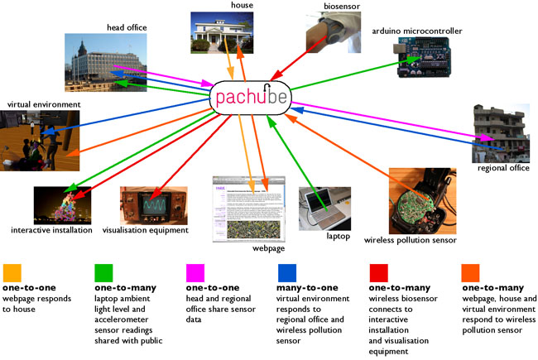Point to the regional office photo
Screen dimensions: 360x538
tap(500, 132)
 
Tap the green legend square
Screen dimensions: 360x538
tap(103, 271)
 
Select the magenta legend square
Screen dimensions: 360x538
tap(195, 271)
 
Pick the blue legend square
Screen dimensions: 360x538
tap(286, 271)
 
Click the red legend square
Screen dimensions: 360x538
tap(377, 271)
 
